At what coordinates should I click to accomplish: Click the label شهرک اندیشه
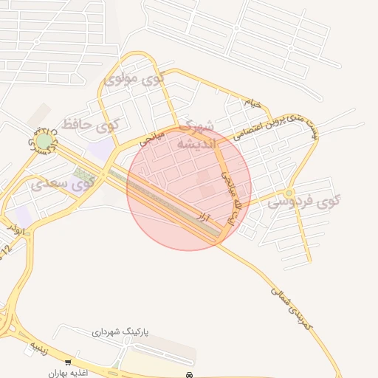[195, 135]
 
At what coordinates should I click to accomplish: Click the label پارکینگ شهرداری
[120, 334]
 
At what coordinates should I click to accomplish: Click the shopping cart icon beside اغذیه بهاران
[68, 362]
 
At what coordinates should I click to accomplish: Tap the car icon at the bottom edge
[190, 374]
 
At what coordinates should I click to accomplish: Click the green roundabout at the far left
[45, 140]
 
